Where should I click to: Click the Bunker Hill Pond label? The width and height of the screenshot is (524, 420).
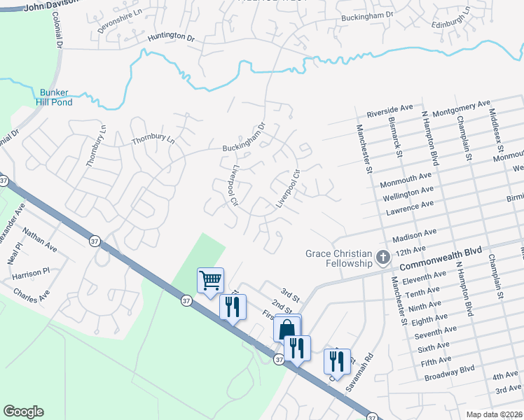pos(55,97)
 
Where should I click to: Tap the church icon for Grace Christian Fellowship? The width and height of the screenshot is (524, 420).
pos(382,258)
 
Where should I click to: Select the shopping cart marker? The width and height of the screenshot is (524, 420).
pos(210,281)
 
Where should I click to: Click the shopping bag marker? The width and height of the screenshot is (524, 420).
pos(287,329)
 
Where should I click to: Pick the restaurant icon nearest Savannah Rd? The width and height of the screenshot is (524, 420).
pos(337,362)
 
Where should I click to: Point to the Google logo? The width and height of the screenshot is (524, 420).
pos(23,412)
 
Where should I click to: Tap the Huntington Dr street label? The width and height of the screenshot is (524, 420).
pos(170,36)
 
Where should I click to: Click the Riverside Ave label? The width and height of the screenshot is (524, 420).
pos(390,110)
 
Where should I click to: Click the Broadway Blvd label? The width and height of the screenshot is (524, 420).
pos(450,372)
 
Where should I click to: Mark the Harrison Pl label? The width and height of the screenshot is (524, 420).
pos(32,274)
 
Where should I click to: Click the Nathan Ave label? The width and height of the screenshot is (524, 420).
pos(40,239)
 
